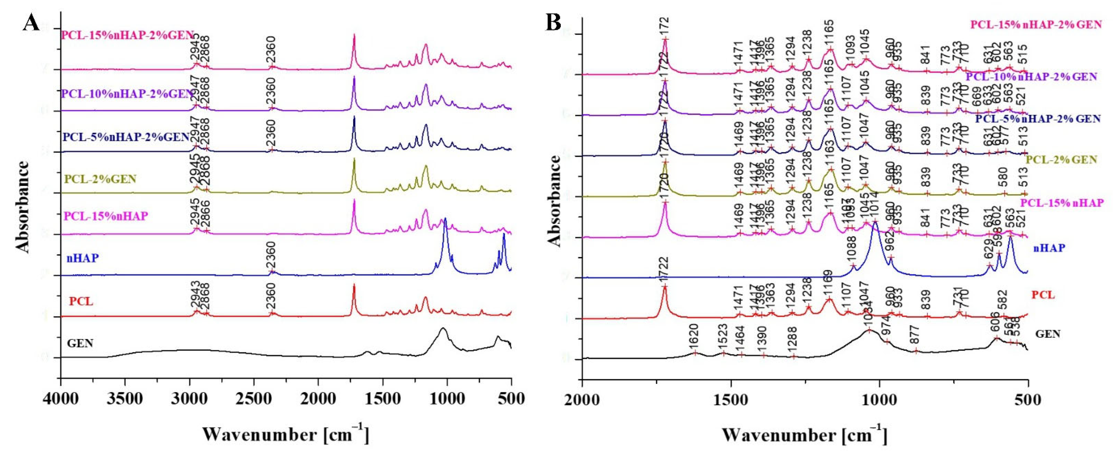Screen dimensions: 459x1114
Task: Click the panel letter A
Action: pyautogui.click(x=31, y=22)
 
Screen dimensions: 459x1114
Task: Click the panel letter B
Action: pyautogui.click(x=554, y=22)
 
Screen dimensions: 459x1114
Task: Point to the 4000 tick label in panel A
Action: pyautogui.click(x=61, y=398)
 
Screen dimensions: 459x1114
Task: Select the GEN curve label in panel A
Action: pyautogui.click(x=80, y=344)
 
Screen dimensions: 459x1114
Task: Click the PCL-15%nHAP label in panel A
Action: pyautogui.click(x=105, y=216)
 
